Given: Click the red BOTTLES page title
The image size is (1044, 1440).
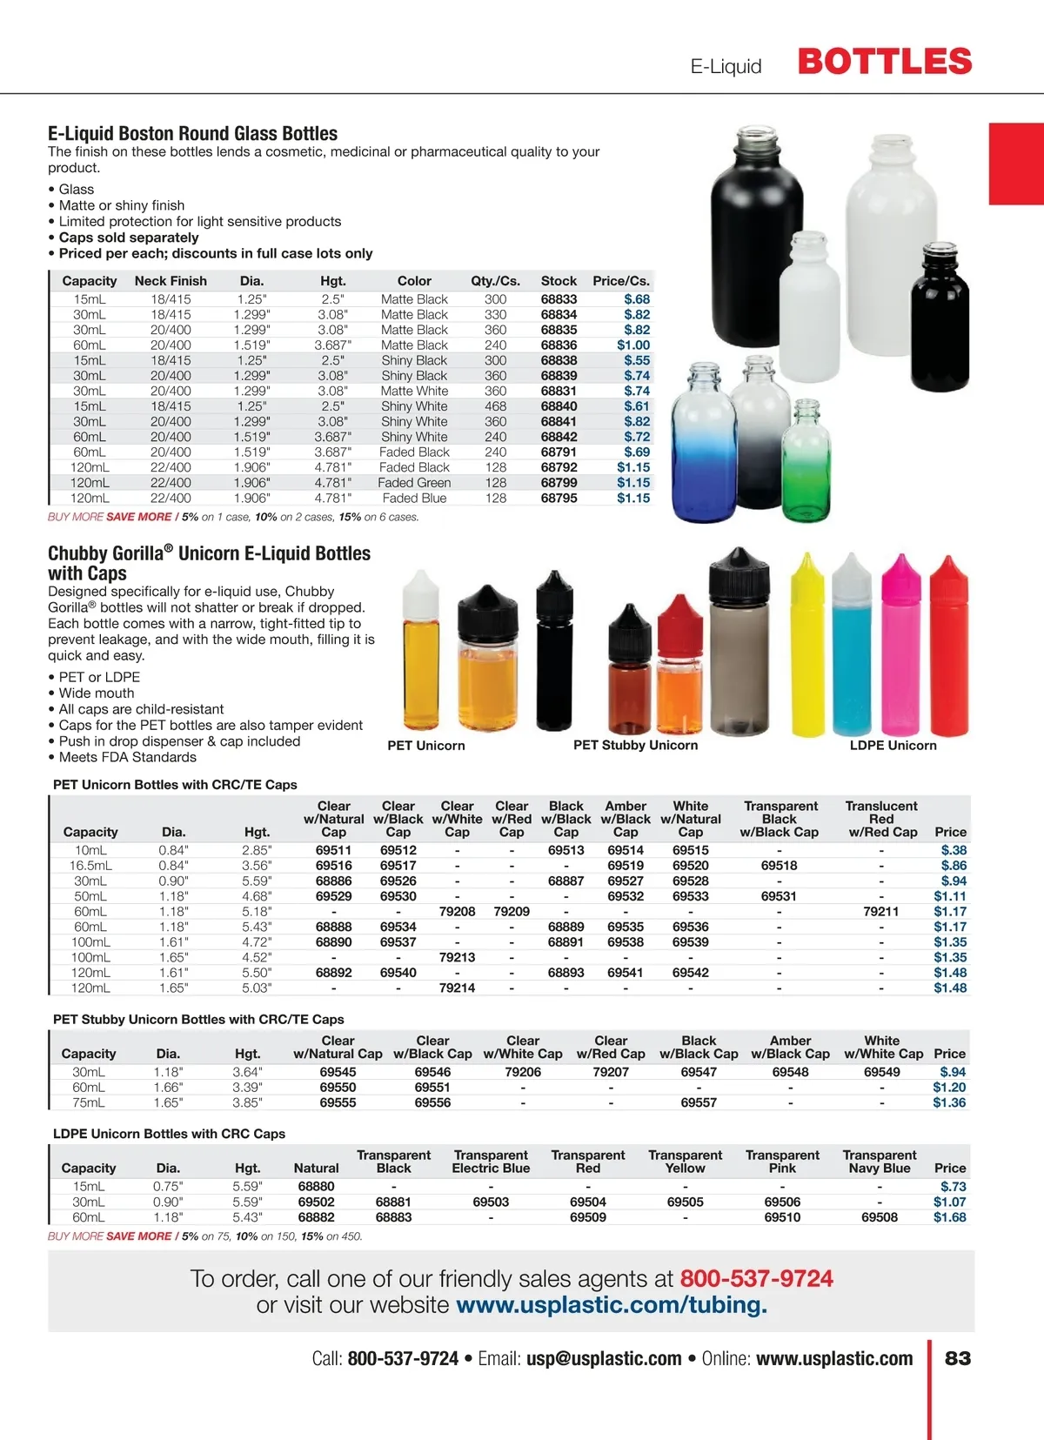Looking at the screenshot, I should tap(884, 62).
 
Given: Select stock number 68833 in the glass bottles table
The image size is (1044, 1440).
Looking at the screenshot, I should tap(559, 299).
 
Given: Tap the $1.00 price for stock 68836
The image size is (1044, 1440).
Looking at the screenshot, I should tap(633, 345).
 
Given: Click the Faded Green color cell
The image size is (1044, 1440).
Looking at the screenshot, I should tap(414, 483).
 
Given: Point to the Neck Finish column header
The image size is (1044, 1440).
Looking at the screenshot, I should tap(171, 281).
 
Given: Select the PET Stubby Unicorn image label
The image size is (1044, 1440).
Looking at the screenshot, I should tap(635, 746).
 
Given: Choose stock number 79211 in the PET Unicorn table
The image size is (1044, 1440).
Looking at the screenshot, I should tap(880, 912).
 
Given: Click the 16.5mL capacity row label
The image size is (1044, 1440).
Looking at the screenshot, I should tap(90, 866).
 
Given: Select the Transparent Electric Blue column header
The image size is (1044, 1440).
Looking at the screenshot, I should tap(491, 1162).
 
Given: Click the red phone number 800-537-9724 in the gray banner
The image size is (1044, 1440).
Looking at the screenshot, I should tap(756, 1279).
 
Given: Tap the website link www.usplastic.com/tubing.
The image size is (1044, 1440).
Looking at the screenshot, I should tap(612, 1306).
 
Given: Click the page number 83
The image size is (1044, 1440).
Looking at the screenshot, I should tap(958, 1359).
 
